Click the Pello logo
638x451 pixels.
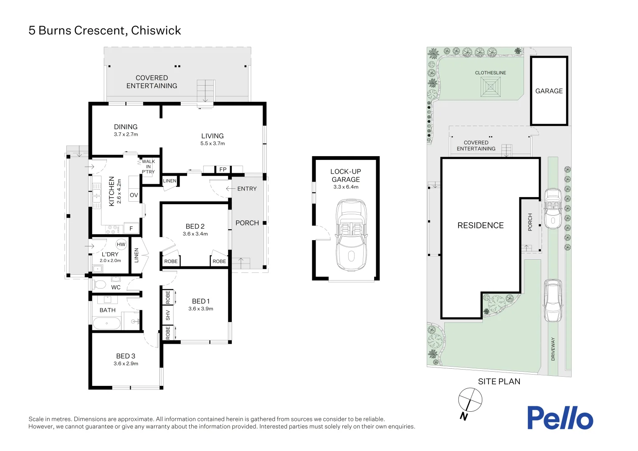tap(560, 418)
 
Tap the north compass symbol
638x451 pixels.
tap(470, 400)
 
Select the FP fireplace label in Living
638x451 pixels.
tap(223, 169)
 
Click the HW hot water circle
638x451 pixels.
tap(121, 245)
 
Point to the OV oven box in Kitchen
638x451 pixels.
tap(134, 195)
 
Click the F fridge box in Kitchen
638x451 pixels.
tap(131, 228)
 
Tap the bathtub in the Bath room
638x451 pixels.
tap(106, 323)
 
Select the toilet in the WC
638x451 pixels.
tap(99, 285)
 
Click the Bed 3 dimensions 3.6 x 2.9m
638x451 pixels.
tap(126, 364)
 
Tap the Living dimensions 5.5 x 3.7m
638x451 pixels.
tap(213, 143)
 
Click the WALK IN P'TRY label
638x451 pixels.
tap(148, 166)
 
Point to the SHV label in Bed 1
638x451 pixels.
tap(168, 315)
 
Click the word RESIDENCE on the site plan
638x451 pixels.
tap(481, 225)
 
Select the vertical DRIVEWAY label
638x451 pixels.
tap(553, 349)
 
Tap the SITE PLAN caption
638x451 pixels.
tap(499, 381)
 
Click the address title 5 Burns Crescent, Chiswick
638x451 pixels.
tap(105, 30)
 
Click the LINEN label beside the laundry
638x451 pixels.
tap(136, 255)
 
